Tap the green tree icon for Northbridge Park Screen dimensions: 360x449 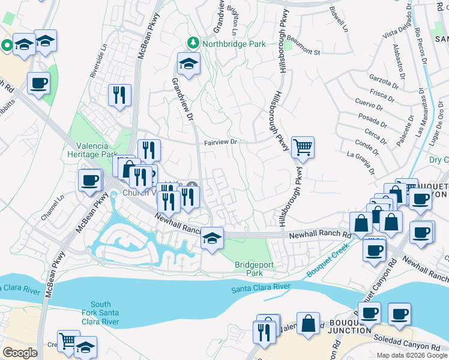193,43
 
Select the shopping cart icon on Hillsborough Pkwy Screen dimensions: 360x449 303,146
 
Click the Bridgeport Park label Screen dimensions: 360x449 249,268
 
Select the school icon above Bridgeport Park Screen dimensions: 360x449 211,239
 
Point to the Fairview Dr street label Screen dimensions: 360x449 221,143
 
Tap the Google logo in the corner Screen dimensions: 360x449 20,353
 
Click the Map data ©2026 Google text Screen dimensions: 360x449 412,355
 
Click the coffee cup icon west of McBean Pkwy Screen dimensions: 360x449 90,181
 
